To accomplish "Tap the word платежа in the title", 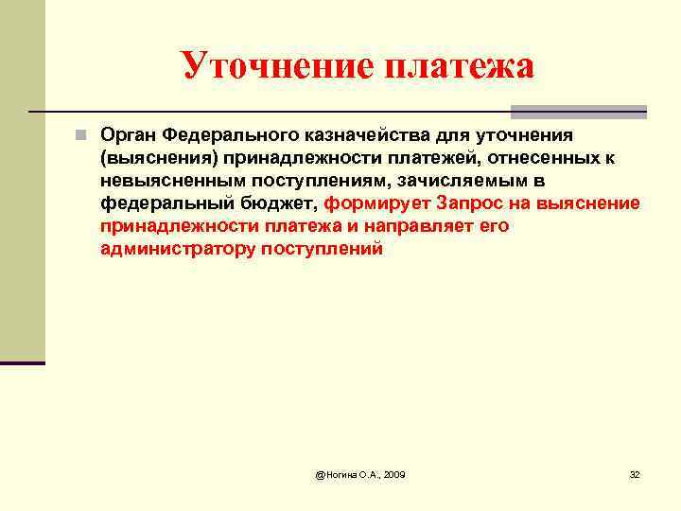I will pos(458,65).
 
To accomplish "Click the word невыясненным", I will pos(164,180).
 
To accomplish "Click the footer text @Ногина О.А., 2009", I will pos(360,473).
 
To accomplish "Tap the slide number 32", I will pos(635,473).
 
